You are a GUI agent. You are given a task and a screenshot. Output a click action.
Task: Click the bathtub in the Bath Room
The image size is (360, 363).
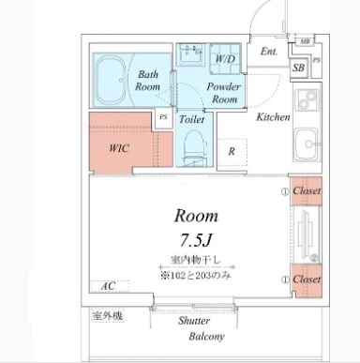(x=112, y=80)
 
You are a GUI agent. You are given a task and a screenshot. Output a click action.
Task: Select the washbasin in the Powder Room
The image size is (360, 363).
(x=190, y=54)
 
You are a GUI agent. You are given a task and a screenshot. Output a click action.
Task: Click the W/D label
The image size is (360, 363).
(x=225, y=59)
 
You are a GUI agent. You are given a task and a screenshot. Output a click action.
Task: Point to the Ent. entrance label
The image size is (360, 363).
(x=269, y=52)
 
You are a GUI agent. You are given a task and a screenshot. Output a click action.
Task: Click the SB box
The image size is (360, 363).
(x=299, y=68)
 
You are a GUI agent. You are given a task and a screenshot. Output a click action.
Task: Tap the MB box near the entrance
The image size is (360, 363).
(x=305, y=41)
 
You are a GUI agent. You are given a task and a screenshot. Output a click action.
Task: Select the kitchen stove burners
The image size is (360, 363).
(x=307, y=100)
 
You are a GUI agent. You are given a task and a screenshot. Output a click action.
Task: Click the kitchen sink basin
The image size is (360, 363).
(x=307, y=144)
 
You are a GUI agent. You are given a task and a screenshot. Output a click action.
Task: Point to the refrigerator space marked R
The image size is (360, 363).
(x=232, y=153)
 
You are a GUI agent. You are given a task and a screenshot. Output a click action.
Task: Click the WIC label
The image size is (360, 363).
(x=119, y=148)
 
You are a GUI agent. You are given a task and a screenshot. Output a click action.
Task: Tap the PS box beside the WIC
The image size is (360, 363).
(x=163, y=117)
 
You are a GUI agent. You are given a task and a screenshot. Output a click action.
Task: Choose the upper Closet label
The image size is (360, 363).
(x=307, y=190)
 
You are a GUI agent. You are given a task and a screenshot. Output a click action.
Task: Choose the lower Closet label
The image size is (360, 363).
(x=307, y=280)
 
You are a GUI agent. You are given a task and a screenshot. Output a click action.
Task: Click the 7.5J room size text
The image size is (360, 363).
(x=196, y=240)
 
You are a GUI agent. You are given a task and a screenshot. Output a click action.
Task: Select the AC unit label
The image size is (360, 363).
(x=108, y=286)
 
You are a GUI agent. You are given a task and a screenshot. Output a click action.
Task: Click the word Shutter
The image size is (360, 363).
(x=194, y=321)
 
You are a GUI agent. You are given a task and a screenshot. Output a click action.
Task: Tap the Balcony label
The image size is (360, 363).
(x=206, y=337)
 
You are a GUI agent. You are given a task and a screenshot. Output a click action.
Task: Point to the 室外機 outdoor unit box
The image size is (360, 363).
(x=108, y=316)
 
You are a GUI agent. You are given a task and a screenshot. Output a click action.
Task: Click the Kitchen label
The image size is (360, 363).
(x=273, y=117)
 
